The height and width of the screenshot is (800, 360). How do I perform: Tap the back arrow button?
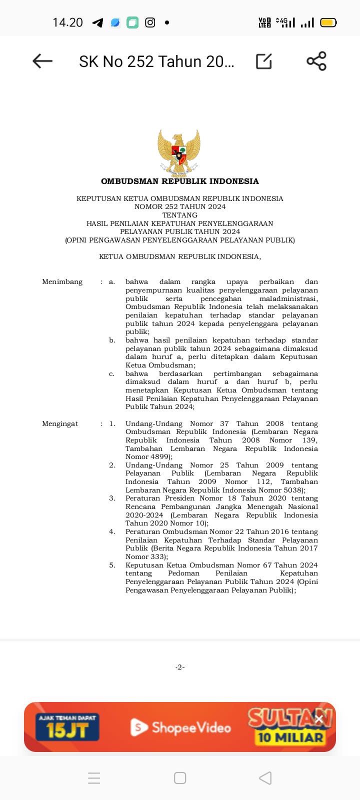click(42, 61)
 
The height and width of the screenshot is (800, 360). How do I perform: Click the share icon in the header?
click(316, 61)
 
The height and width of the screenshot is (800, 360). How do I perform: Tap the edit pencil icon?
click(263, 61)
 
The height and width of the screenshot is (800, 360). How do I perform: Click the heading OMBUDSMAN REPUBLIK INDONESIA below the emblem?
click(180, 181)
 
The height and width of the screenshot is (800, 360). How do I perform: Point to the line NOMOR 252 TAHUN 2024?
click(180, 206)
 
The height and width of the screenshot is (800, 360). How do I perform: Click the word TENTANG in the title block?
click(180, 215)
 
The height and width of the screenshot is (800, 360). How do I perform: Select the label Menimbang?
click(62, 282)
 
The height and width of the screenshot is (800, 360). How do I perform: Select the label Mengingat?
click(60, 423)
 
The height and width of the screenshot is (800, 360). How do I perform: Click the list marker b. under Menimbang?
click(112, 340)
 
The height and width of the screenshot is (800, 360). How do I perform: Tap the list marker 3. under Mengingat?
click(112, 498)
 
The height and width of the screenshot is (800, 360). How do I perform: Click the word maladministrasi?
click(288, 298)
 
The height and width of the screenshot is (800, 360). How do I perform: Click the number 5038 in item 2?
click(292, 490)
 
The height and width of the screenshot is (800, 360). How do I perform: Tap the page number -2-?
click(180, 667)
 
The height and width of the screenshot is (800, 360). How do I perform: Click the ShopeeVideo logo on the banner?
click(181, 727)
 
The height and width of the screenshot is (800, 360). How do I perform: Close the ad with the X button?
click(319, 719)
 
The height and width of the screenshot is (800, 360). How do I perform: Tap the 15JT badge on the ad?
click(67, 727)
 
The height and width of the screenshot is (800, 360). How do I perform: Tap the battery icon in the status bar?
click(328, 22)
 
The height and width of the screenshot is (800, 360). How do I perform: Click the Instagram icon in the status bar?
click(150, 22)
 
